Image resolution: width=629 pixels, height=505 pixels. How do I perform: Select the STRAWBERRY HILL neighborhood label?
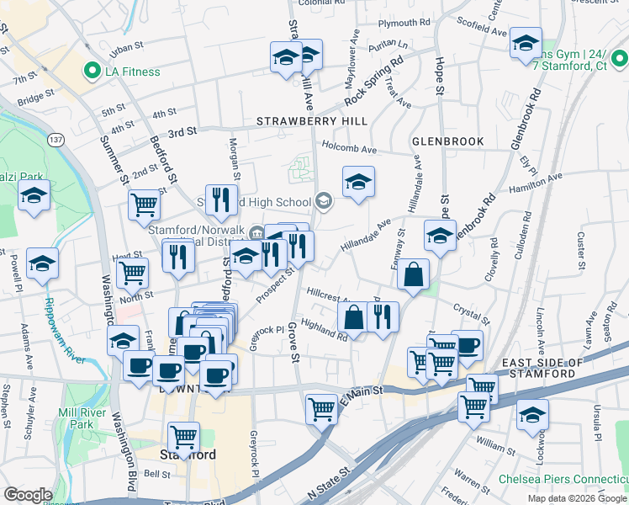point(313,122)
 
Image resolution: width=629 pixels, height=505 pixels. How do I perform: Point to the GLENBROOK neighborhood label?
point(447,141)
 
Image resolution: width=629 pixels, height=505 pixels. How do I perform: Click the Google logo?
point(28,495)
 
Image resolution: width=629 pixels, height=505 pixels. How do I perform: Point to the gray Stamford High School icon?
point(324,200)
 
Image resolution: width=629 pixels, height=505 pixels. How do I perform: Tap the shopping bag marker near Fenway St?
point(414,274)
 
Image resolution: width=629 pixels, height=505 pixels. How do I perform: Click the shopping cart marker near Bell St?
point(183,437)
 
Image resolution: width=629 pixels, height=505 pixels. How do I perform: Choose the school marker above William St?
point(532,416)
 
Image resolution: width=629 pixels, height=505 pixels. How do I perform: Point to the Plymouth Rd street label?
point(404,23)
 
